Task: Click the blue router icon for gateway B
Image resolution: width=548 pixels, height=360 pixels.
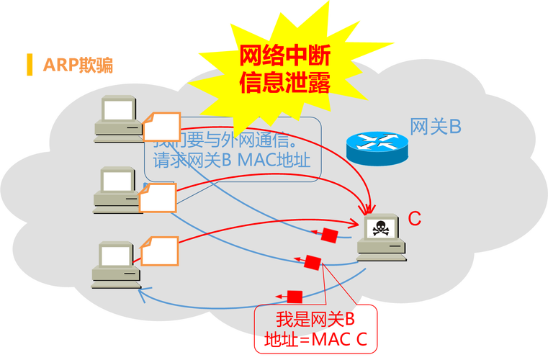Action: [x=376, y=147]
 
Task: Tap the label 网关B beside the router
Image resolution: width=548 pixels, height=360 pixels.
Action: [x=435, y=127]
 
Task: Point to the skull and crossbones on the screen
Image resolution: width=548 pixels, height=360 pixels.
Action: [x=379, y=229]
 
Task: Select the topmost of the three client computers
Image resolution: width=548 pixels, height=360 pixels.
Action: [x=118, y=117]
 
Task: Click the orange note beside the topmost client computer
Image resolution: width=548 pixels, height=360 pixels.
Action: [x=161, y=127]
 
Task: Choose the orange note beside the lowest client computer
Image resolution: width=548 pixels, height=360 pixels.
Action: [x=159, y=249]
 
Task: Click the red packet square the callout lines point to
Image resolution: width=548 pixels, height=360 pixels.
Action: [x=313, y=263]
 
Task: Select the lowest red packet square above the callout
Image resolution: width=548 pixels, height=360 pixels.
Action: [x=294, y=296]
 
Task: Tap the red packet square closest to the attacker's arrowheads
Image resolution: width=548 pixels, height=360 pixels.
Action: [x=330, y=235]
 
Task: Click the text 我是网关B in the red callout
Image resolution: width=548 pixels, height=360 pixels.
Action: [x=315, y=319]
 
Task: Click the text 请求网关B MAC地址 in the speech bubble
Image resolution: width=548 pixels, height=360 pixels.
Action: [x=232, y=160]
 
